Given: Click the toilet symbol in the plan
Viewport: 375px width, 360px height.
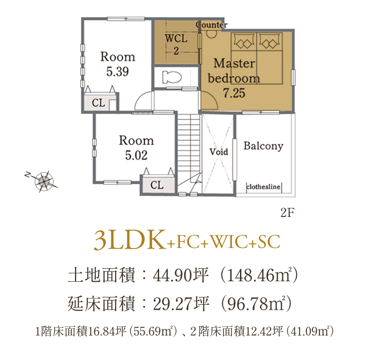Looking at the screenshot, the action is coord(172,77).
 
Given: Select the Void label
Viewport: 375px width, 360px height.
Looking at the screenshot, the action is coord(219,152).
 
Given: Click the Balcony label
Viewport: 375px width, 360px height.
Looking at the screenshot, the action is coord(264,146).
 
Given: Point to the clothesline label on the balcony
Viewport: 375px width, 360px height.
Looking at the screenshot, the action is coord(264,186).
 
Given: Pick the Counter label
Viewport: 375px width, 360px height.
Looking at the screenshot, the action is coord(212,25).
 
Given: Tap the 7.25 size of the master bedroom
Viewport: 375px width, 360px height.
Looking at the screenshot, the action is coord(234,93).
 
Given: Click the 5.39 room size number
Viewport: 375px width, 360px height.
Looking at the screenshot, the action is coord(117,72).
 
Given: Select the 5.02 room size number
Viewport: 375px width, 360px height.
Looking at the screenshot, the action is coord(136,155).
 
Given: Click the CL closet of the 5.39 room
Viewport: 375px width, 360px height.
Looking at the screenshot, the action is coord(99,103).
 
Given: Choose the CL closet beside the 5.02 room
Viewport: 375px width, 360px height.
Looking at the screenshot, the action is coord(157,185).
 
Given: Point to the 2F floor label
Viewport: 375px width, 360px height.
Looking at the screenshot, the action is coord(288,213).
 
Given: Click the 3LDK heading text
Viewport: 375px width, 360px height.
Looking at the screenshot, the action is coord(130,240).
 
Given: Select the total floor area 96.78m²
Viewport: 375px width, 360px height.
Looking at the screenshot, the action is coord(256,303).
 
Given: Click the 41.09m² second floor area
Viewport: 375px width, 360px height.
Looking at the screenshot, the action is coord(310,331).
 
